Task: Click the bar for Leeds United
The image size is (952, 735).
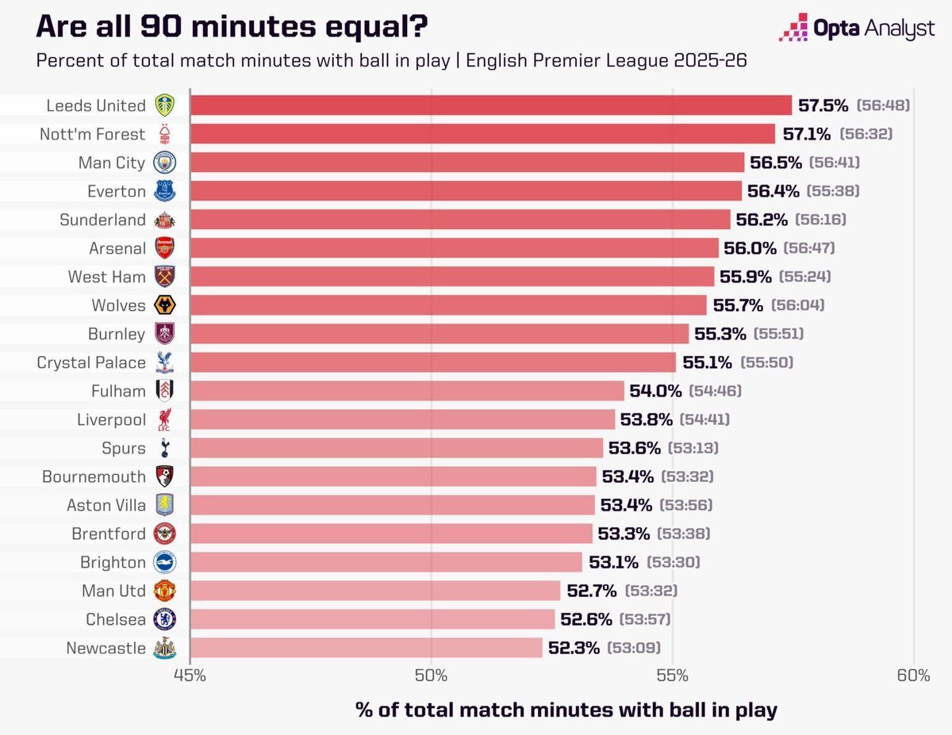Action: coord(490,105)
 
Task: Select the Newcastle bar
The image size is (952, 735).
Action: coord(366,648)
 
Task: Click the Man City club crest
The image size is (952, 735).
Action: coord(164,163)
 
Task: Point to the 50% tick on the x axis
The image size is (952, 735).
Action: coord(431,676)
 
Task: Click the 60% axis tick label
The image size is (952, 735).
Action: coord(914,676)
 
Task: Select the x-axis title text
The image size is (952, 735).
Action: coord(566,710)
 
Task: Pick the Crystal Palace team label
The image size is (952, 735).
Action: coord(91,362)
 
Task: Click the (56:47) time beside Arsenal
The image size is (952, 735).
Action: coord(809,248)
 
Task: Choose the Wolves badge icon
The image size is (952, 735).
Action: coord(164,305)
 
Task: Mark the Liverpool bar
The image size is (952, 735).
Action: coord(402,419)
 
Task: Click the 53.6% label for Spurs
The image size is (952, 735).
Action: coord(635,448)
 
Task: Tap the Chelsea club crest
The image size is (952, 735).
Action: coord(164,619)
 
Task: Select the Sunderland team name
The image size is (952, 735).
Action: coord(103,220)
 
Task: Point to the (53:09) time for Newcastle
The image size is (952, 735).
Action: coord(634,648)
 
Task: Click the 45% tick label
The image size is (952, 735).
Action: coord(190,676)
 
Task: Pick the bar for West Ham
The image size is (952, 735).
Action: coord(452,277)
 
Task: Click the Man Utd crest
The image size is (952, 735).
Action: coord(164,591)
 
